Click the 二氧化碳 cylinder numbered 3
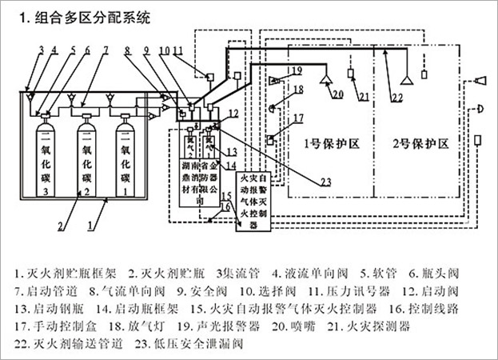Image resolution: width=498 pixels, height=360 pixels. point(46,157)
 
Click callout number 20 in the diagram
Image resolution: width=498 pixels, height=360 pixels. point(339,95)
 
